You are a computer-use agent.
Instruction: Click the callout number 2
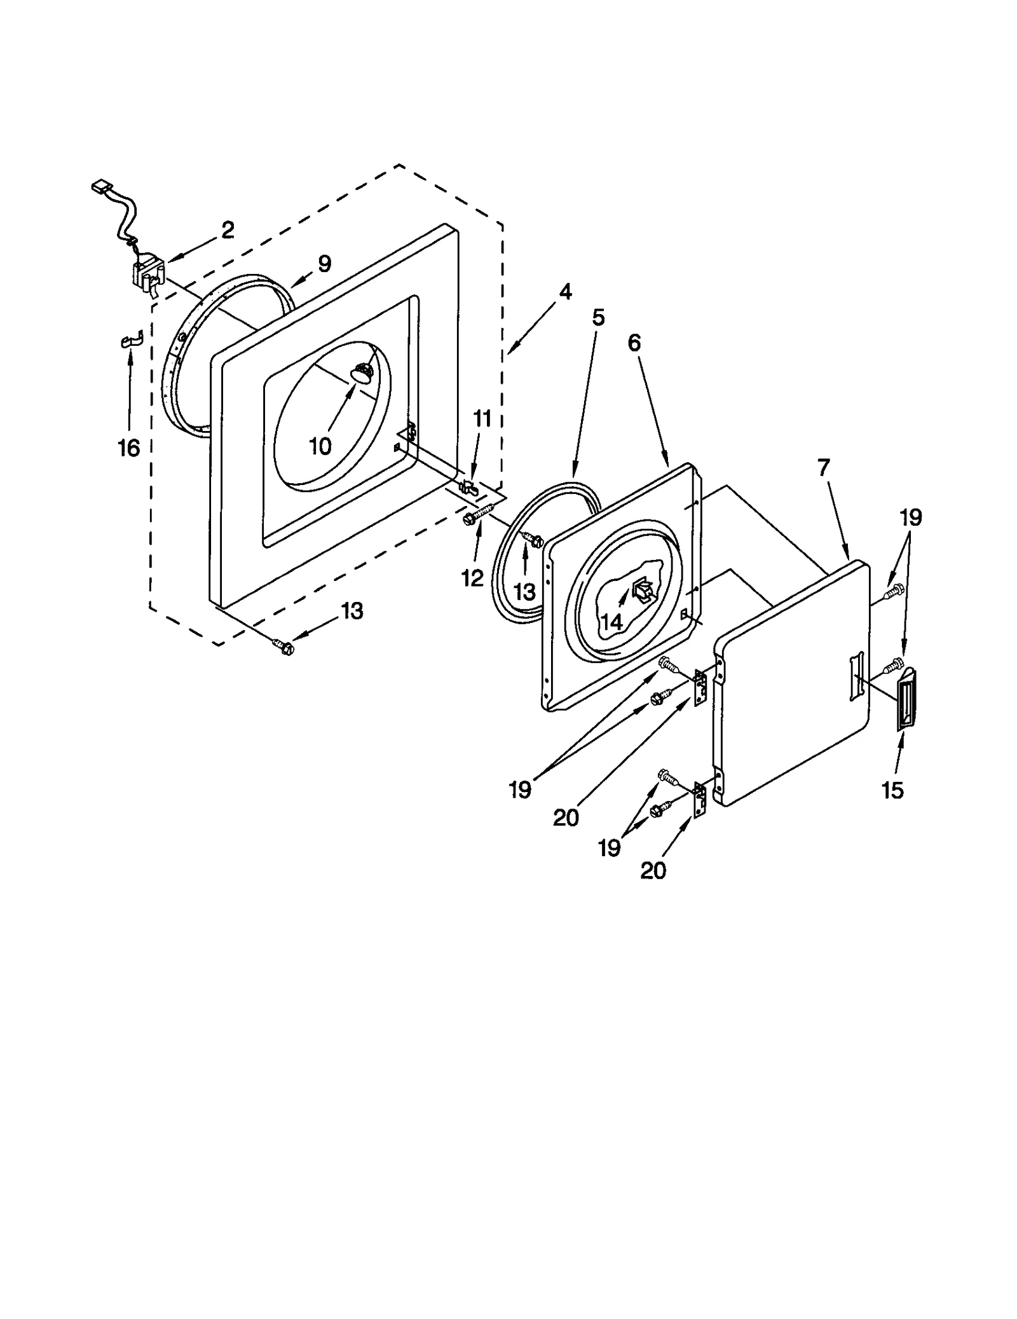coord(228,230)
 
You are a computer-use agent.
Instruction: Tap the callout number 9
coord(324,264)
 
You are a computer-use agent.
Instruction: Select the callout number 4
coord(565,292)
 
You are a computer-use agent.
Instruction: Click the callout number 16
coord(128,448)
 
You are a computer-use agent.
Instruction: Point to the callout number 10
coord(320,446)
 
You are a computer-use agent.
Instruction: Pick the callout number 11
coord(482,419)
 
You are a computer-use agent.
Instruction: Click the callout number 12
coord(472,578)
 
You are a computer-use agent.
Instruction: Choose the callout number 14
coord(611,621)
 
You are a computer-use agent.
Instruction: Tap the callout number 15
coord(892,790)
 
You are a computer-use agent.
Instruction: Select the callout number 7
coord(823,468)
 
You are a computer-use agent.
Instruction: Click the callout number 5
coord(598,317)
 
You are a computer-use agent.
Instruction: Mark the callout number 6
coord(634,343)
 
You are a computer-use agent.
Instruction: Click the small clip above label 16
coord(131,341)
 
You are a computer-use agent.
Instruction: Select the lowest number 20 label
coord(653,870)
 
